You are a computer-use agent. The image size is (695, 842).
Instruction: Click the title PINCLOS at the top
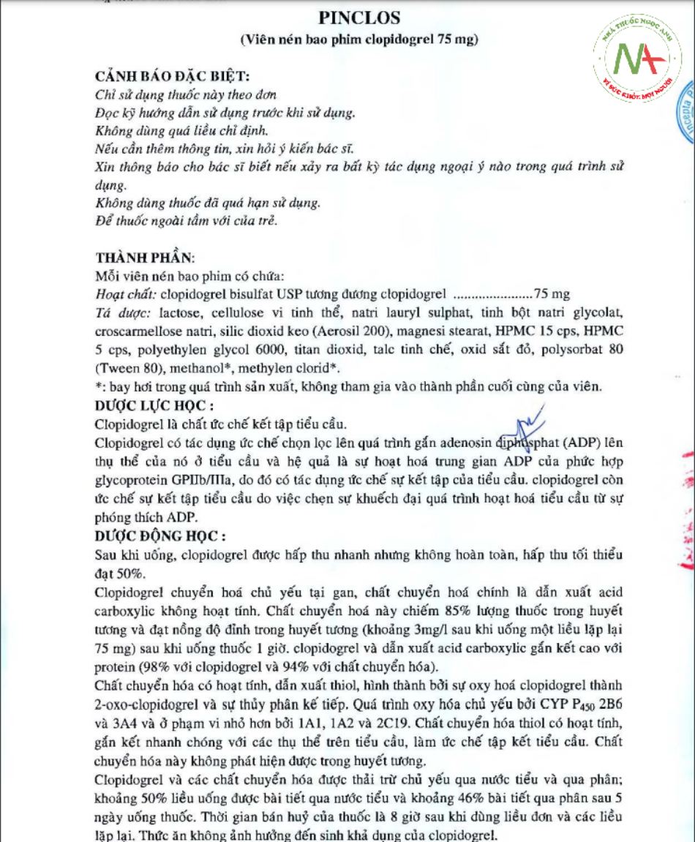click(x=359, y=17)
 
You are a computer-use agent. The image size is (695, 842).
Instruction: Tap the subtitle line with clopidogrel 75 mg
click(x=359, y=40)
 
